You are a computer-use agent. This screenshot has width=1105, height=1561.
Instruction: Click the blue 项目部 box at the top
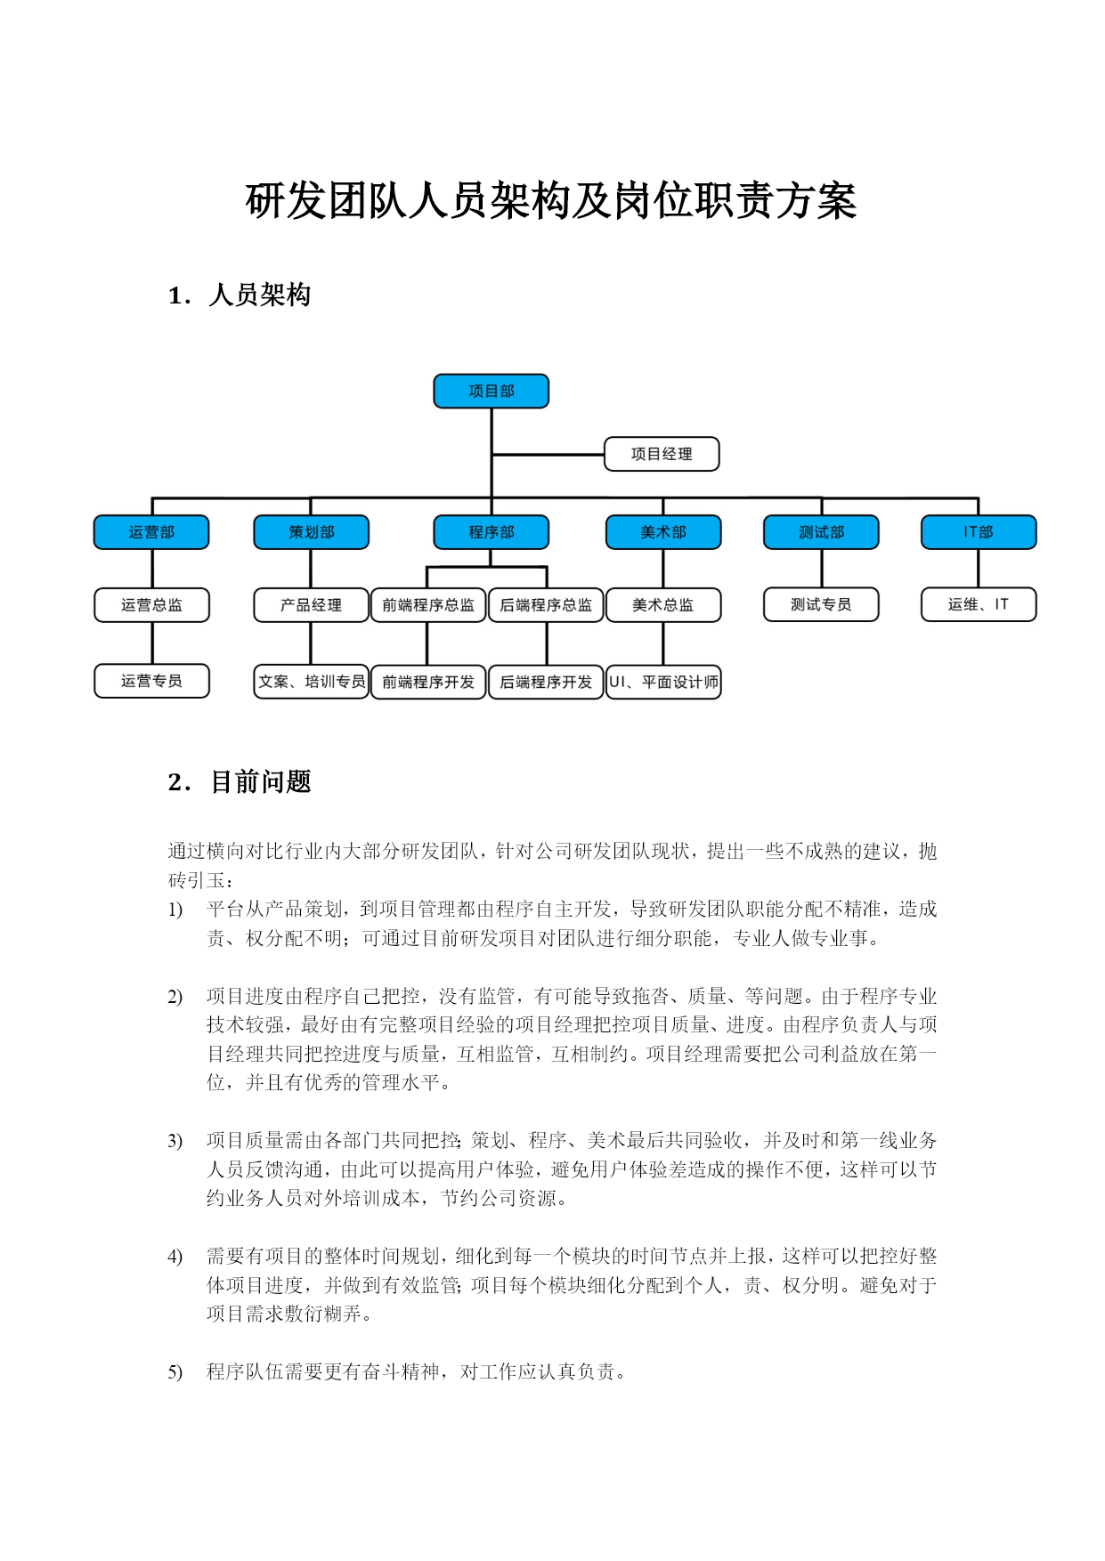point(491,391)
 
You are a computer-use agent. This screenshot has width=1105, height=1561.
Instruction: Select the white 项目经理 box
point(662,454)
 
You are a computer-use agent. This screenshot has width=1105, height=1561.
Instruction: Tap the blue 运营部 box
point(151,532)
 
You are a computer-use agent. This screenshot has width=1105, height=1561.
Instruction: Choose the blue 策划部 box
point(311,532)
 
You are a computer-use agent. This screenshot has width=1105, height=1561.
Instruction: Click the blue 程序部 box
point(491,532)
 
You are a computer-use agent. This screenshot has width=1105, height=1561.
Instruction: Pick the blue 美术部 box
point(663,532)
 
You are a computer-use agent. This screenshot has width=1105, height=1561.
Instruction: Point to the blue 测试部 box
point(821,532)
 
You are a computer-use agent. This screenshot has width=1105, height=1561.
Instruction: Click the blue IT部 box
point(979,532)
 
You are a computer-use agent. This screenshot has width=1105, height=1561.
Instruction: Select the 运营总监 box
point(151,605)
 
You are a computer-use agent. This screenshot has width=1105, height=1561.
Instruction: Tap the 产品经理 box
point(311,605)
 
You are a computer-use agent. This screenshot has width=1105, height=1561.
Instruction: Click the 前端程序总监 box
point(428,605)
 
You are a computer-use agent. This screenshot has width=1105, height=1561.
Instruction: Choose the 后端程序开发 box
point(546,682)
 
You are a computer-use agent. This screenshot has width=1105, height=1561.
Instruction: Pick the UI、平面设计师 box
point(663,682)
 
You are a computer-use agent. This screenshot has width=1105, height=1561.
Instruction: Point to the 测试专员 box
point(821,604)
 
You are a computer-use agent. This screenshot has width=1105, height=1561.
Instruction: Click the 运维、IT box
point(979,604)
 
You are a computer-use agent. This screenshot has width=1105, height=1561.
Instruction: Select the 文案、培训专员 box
point(311,682)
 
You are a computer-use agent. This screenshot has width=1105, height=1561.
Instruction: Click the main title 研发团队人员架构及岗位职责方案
point(551,201)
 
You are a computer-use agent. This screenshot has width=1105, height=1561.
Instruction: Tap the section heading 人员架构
point(259,295)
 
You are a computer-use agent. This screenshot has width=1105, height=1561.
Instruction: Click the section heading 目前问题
point(260,781)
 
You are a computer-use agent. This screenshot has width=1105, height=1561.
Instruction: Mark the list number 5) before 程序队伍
point(175,1372)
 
